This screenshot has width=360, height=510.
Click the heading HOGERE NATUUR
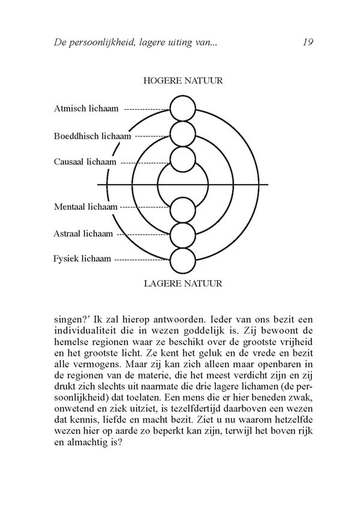coord(184,80)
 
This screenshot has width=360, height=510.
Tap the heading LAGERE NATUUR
coord(184,283)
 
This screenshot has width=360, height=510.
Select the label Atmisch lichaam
coord(86,109)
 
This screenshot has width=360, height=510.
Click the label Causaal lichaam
coord(86,162)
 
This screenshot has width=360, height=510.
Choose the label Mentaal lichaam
coord(86,207)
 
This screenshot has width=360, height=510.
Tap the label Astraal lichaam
coord(83,233)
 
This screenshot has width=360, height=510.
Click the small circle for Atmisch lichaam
coord(183,109)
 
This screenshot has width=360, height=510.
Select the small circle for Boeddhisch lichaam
coord(183,134)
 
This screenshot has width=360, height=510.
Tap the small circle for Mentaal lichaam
coord(183,209)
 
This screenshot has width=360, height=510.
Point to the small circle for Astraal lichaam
coord(183,235)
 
